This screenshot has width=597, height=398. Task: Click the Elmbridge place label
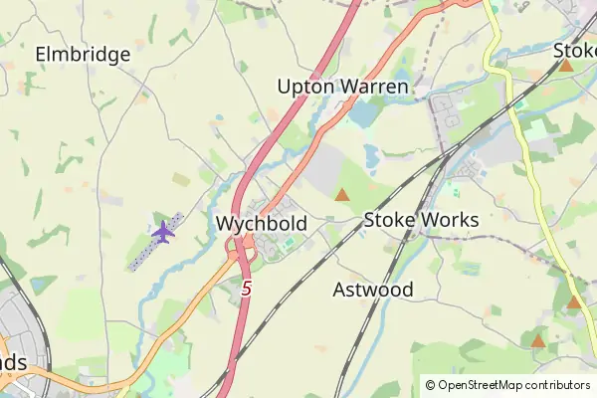(84, 55)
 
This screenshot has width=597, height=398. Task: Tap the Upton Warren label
(343, 88)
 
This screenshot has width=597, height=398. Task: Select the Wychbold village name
(261, 224)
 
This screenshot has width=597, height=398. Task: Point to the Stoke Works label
(421, 220)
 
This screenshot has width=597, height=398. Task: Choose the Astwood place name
(373, 291)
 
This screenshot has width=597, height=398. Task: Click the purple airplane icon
(163, 233)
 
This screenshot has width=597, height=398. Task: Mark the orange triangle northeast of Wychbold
(342, 195)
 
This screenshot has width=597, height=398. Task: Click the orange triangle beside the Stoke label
(565, 66)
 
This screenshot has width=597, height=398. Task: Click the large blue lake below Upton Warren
(364, 114)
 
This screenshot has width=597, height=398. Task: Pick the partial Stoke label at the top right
(575, 50)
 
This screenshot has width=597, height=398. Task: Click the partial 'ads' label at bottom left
(13, 362)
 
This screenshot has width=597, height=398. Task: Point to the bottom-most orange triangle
(538, 341)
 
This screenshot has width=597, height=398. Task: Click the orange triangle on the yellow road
(574, 302)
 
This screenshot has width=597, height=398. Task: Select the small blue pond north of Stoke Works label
(372, 155)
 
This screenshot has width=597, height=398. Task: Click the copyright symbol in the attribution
(430, 385)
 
